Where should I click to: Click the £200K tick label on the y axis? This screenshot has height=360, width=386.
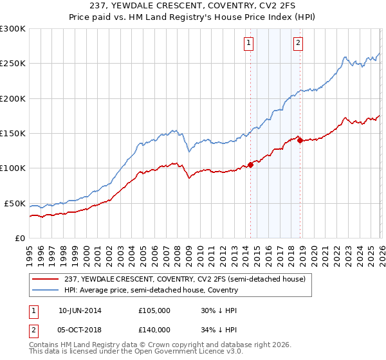click(13, 98)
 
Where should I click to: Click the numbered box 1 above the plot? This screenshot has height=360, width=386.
click(248, 43)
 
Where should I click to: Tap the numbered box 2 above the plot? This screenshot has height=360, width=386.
click(299, 43)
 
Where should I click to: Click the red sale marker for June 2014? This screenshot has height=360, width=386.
click(250, 165)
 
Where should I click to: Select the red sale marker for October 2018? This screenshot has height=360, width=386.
click(300, 139)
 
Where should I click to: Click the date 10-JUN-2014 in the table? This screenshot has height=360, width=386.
click(80, 310)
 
